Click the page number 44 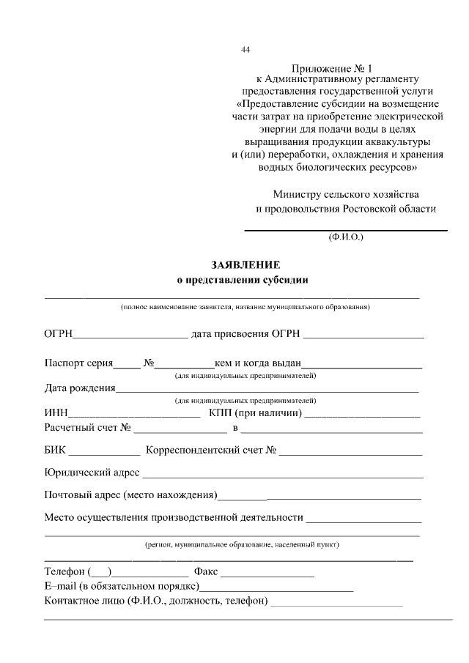[x=245, y=50]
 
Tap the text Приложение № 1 [x=327, y=67]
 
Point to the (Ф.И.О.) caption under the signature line [x=345, y=237]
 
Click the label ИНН [x=56, y=414]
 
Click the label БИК [x=56, y=451]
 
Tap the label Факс [x=205, y=571]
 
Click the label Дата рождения [x=80, y=388]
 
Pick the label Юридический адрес [x=92, y=474]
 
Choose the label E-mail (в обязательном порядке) [x=122, y=587]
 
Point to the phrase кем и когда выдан [x=257, y=363]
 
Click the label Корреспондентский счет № [x=211, y=451]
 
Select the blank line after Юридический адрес [x=282, y=475]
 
